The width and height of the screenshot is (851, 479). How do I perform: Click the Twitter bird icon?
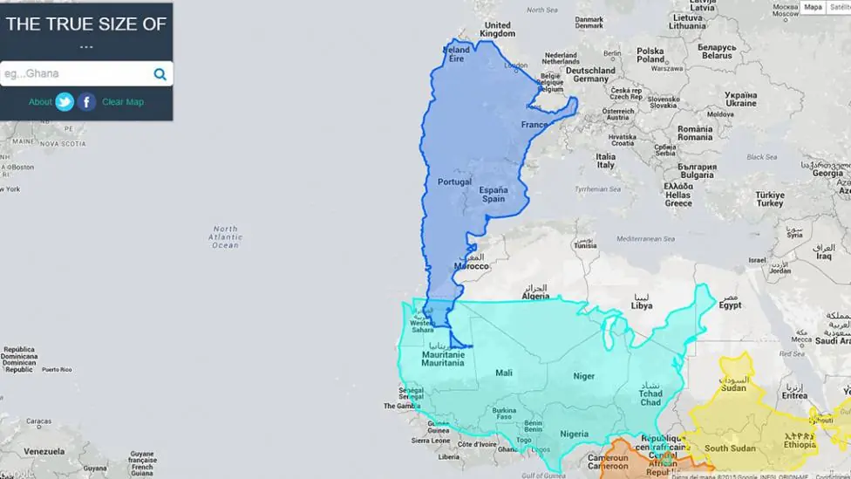pyautogui.click(x=65, y=102)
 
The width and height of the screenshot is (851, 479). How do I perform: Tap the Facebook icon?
pyautogui.click(x=86, y=102)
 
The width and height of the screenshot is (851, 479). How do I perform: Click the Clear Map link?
pyautogui.click(x=123, y=102)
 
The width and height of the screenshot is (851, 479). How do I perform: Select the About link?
pyautogui.click(x=40, y=102)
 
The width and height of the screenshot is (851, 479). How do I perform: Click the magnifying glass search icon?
pyautogui.click(x=160, y=74)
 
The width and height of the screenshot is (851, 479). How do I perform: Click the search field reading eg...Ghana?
pyautogui.click(x=74, y=74)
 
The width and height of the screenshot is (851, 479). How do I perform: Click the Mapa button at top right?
pyautogui.click(x=813, y=8)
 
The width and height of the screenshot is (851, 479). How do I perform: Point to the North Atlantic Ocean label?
pyautogui.click(x=225, y=237)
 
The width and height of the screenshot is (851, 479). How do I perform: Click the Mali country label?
pyautogui.click(x=504, y=373)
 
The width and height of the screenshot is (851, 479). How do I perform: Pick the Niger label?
pyautogui.click(x=583, y=376)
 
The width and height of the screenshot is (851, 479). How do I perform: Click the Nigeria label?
pyautogui.click(x=574, y=434)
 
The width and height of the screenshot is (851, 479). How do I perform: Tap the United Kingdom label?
pyautogui.click(x=497, y=30)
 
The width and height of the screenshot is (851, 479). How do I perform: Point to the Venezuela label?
pyautogui.click(x=44, y=451)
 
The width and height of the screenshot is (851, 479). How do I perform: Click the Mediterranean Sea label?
pyautogui.click(x=645, y=238)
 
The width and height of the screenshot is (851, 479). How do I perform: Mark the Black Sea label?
pyautogui.click(x=761, y=157)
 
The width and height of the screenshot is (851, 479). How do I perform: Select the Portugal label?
pyautogui.click(x=454, y=181)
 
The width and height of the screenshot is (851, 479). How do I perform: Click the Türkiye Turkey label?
pyautogui.click(x=769, y=199)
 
